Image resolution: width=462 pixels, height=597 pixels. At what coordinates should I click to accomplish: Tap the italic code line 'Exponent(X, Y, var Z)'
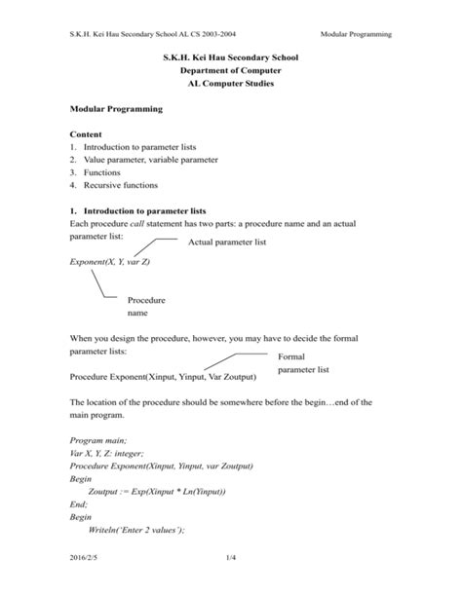(x=110, y=263)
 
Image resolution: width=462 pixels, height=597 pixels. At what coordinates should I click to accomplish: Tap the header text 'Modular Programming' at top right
(x=357, y=34)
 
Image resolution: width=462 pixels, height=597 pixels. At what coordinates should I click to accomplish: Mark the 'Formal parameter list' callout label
(x=303, y=363)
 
